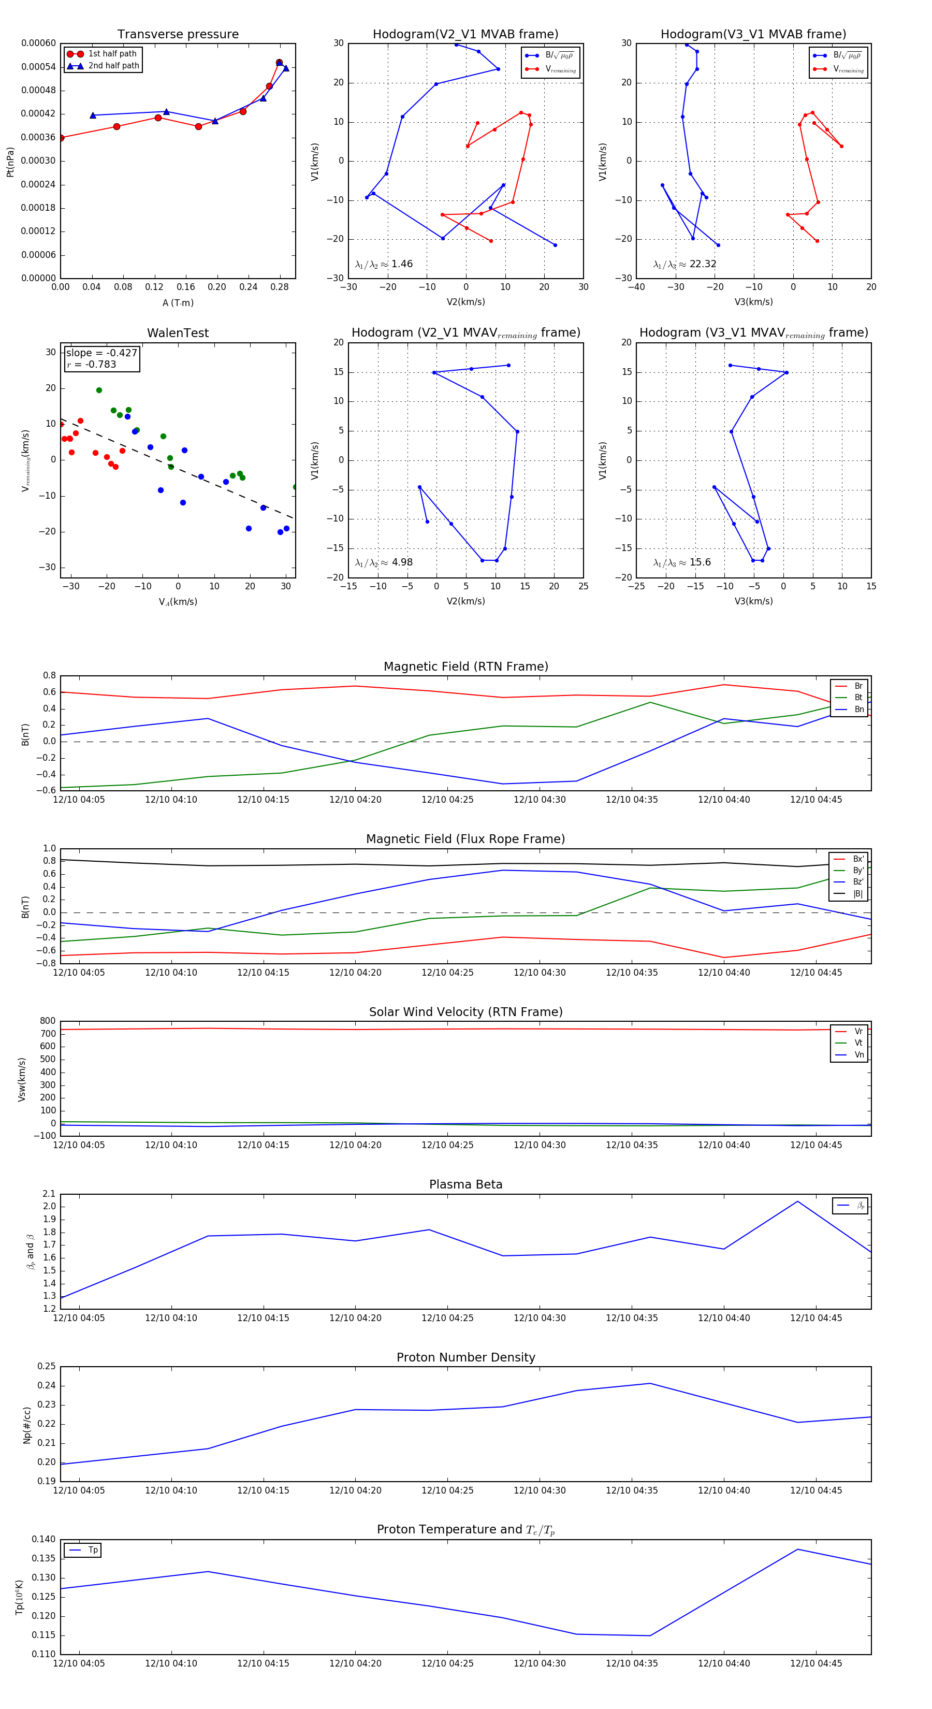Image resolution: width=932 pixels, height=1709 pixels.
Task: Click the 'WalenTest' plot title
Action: pyautogui.click(x=178, y=333)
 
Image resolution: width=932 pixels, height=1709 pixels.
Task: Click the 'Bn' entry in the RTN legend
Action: pyautogui.click(x=858, y=709)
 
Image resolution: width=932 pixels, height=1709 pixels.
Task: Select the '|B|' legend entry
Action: pyautogui.click(x=858, y=894)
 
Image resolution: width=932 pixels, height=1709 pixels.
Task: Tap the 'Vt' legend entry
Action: pyautogui.click(x=858, y=1043)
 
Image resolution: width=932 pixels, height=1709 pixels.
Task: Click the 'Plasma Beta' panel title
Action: pyautogui.click(x=465, y=1184)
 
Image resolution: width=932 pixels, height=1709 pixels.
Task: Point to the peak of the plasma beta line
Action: pyautogui.click(x=797, y=1201)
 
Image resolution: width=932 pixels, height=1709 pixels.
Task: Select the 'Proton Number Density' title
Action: pyautogui.click(x=465, y=1357)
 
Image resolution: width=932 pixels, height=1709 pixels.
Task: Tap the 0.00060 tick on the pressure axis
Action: pyautogui.click(x=38, y=43)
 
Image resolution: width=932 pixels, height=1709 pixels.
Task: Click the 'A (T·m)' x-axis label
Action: pyautogui.click(x=178, y=302)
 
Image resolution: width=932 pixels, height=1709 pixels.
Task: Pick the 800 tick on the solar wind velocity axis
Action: pyautogui.click(x=48, y=1021)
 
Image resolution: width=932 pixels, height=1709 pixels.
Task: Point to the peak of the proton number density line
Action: pyautogui.click(x=650, y=1383)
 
